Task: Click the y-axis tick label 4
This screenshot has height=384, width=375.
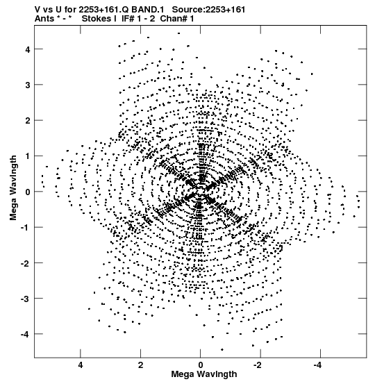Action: coord(28,49)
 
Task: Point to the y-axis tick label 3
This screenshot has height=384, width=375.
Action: coord(28,85)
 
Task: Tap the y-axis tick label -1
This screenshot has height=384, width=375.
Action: coord(26,228)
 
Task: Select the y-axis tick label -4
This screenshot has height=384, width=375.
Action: coord(26,334)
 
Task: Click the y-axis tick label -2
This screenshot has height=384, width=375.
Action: coord(26,263)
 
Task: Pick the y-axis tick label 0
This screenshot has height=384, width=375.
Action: coord(28,192)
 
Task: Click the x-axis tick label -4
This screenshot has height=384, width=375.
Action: coord(318,365)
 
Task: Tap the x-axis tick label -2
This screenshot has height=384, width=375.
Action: coord(258,365)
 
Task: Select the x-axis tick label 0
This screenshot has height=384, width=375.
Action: coord(201,365)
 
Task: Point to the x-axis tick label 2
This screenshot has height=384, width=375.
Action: coord(140,365)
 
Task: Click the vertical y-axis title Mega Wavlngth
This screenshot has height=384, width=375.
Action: coord(13,188)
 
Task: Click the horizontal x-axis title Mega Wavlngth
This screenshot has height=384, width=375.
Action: coord(204,374)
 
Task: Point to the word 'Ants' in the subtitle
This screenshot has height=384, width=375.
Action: coord(44,19)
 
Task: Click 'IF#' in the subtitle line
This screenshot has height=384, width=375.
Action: coord(128,19)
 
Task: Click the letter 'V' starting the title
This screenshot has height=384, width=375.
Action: coord(37,10)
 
